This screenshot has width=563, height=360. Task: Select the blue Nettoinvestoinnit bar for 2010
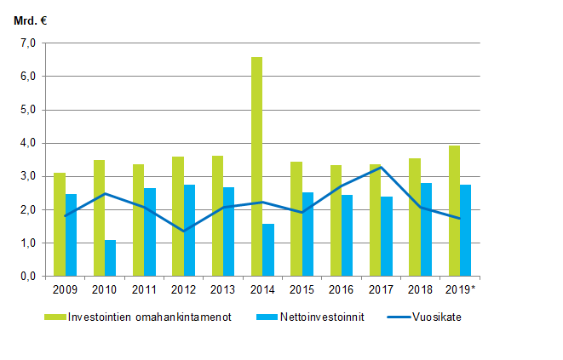pos(111,258)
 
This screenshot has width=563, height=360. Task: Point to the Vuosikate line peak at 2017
pos(380,167)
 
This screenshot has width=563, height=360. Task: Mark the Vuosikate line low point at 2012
pos(185,231)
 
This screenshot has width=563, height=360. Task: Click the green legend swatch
pos(55,317)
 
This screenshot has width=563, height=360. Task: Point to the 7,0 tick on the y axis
pos(27,43)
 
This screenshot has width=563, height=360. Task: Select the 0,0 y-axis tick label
pos(27,277)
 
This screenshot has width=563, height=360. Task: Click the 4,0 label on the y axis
pos(27,143)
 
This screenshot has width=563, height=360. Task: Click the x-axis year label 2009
pos(65,289)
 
